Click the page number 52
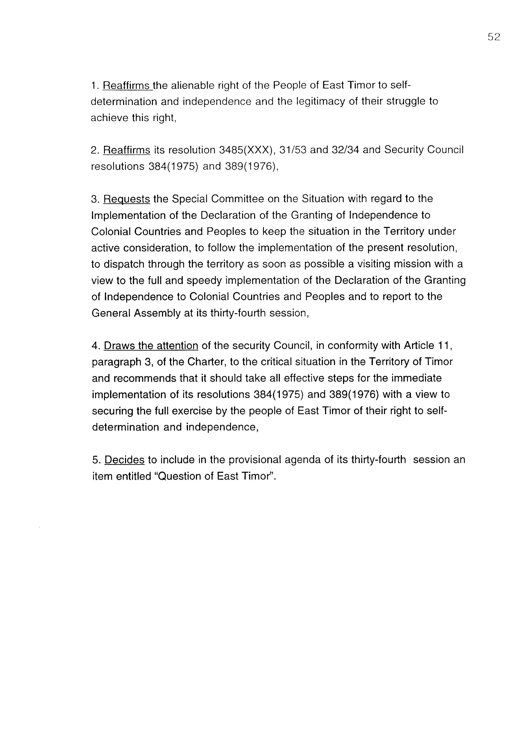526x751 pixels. pos(494,37)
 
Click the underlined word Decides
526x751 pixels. pos(124,460)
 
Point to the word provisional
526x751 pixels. pos(255,460)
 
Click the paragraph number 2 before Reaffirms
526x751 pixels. pos(94,151)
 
